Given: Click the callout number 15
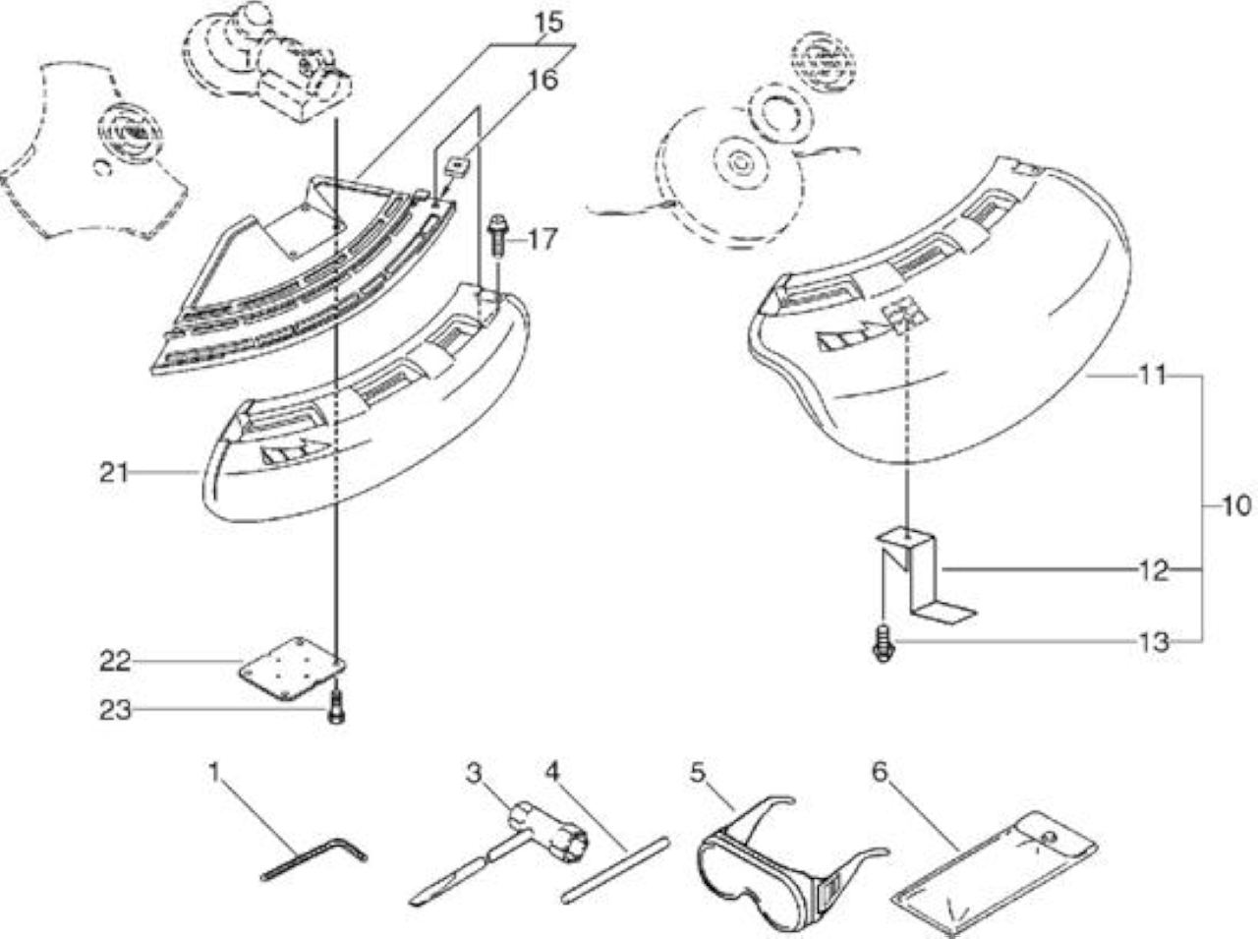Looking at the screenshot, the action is [549, 23].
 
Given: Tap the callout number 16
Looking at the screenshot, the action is [543, 80].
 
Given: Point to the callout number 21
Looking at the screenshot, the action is [113, 472].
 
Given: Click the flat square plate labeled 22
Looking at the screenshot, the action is [292, 669].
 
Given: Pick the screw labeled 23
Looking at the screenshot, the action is [335, 709].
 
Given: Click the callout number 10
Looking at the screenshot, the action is [1236, 506].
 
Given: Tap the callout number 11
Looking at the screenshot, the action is [1152, 376].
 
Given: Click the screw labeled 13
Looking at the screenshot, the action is [884, 644].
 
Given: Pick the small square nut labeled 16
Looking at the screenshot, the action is [458, 167].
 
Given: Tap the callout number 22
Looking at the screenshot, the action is [115, 661].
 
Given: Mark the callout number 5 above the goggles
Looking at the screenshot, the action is [697, 774].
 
